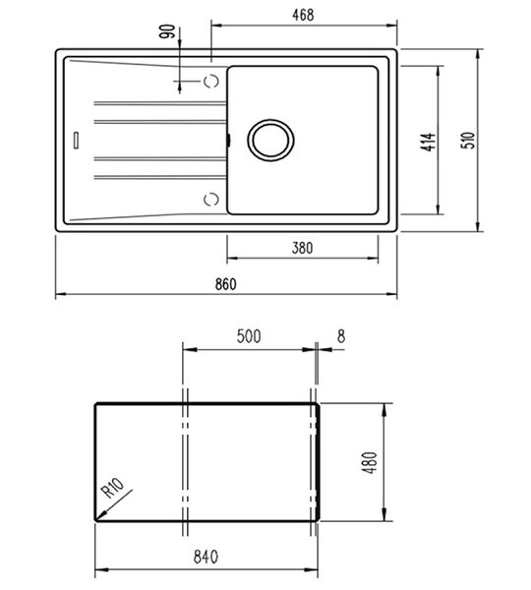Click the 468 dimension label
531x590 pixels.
tap(303, 15)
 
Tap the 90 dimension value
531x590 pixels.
tap(167, 31)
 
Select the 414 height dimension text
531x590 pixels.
tap(429, 142)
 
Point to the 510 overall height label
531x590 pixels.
tap(468, 140)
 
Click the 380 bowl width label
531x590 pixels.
tap(302, 248)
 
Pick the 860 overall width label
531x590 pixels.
tap(226, 284)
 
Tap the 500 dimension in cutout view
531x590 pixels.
tap(249, 336)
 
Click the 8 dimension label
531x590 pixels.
tap(341, 336)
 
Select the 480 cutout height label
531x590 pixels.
tap(371, 462)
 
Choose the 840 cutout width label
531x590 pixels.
tap(206, 557)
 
